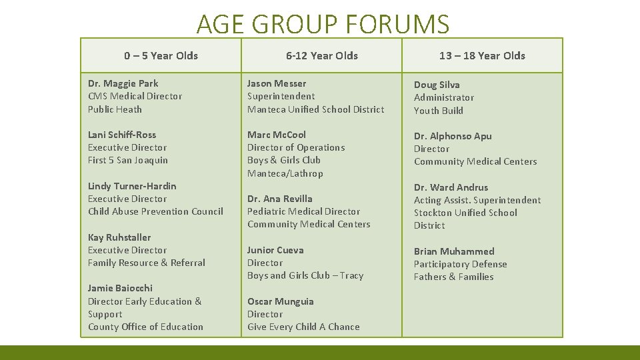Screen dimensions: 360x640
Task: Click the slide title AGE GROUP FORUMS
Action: (323, 25)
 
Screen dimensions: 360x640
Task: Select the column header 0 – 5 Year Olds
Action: (161, 55)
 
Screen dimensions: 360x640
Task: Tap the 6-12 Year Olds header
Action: (322, 55)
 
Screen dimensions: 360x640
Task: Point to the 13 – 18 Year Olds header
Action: (482, 55)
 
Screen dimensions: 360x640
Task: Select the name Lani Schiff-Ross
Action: (122, 135)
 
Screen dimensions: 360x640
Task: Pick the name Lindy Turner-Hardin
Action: (132, 186)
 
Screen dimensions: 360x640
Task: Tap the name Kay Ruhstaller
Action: (119, 237)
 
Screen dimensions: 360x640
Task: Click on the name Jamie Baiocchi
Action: (120, 288)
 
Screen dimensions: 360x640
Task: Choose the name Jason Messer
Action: (277, 83)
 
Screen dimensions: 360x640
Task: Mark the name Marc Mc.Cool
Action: (277, 135)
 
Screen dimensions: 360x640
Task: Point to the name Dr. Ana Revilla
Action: (279, 199)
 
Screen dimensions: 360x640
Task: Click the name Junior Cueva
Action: (275, 250)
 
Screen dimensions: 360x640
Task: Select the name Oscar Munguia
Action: (280, 301)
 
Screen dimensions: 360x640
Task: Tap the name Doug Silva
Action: (437, 85)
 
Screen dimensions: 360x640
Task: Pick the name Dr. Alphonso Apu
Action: (453, 136)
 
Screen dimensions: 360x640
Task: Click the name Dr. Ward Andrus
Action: (451, 187)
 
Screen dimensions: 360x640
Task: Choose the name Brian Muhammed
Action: (454, 251)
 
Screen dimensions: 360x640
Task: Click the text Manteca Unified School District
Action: (315, 109)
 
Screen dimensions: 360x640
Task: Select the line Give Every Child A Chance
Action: (303, 327)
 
